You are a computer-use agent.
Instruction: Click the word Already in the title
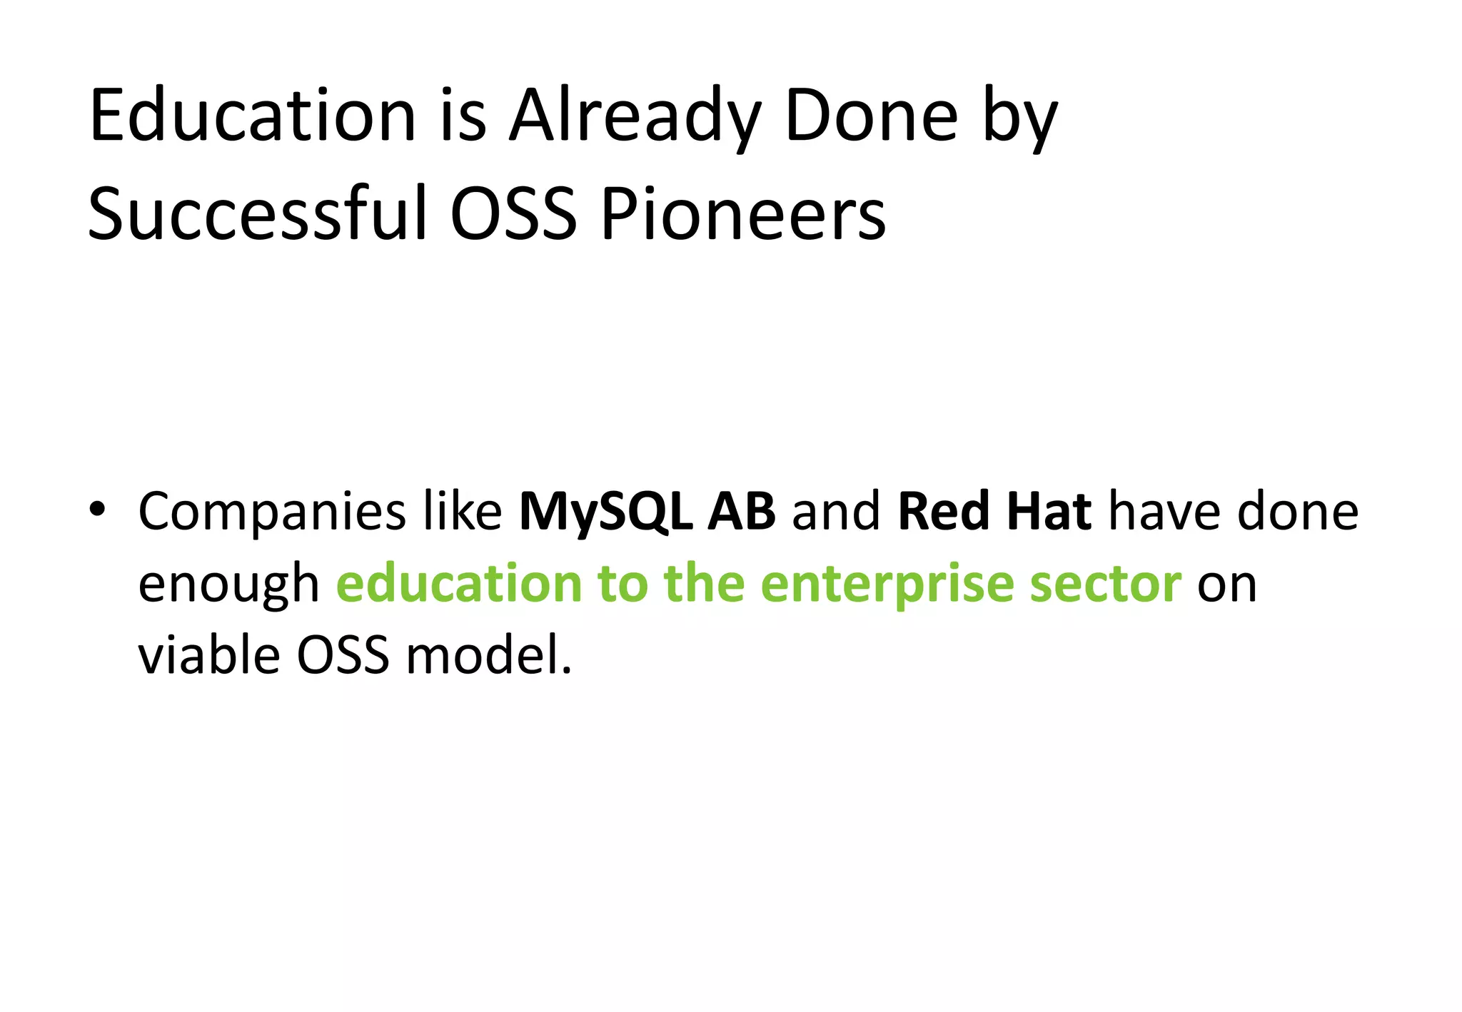coord(635,116)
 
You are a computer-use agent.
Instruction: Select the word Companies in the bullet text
coord(272,512)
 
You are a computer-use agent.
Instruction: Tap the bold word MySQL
coord(605,512)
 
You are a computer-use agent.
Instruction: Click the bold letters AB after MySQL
coord(741,511)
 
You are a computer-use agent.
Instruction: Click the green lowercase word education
coord(459,584)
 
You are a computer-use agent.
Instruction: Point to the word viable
coord(209,655)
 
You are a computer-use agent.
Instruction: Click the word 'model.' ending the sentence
coord(489,655)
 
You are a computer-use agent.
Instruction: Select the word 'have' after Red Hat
coord(1164,511)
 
